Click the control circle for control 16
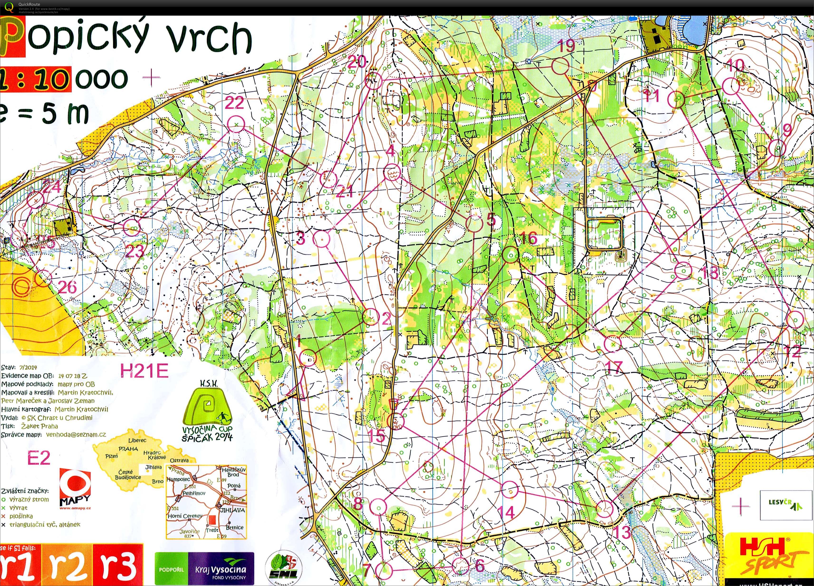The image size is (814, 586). click(510, 254)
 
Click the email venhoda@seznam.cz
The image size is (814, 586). click(76, 434)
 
